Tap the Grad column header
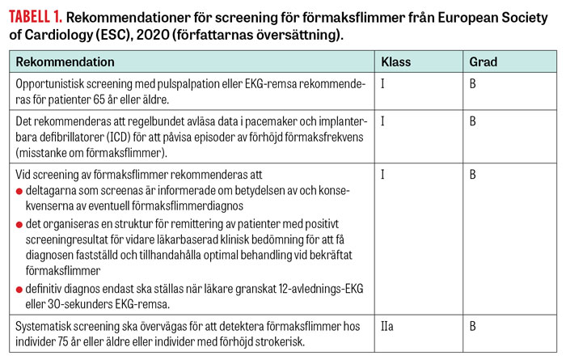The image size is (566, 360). click(484, 61)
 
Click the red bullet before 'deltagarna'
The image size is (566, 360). click(20, 189)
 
